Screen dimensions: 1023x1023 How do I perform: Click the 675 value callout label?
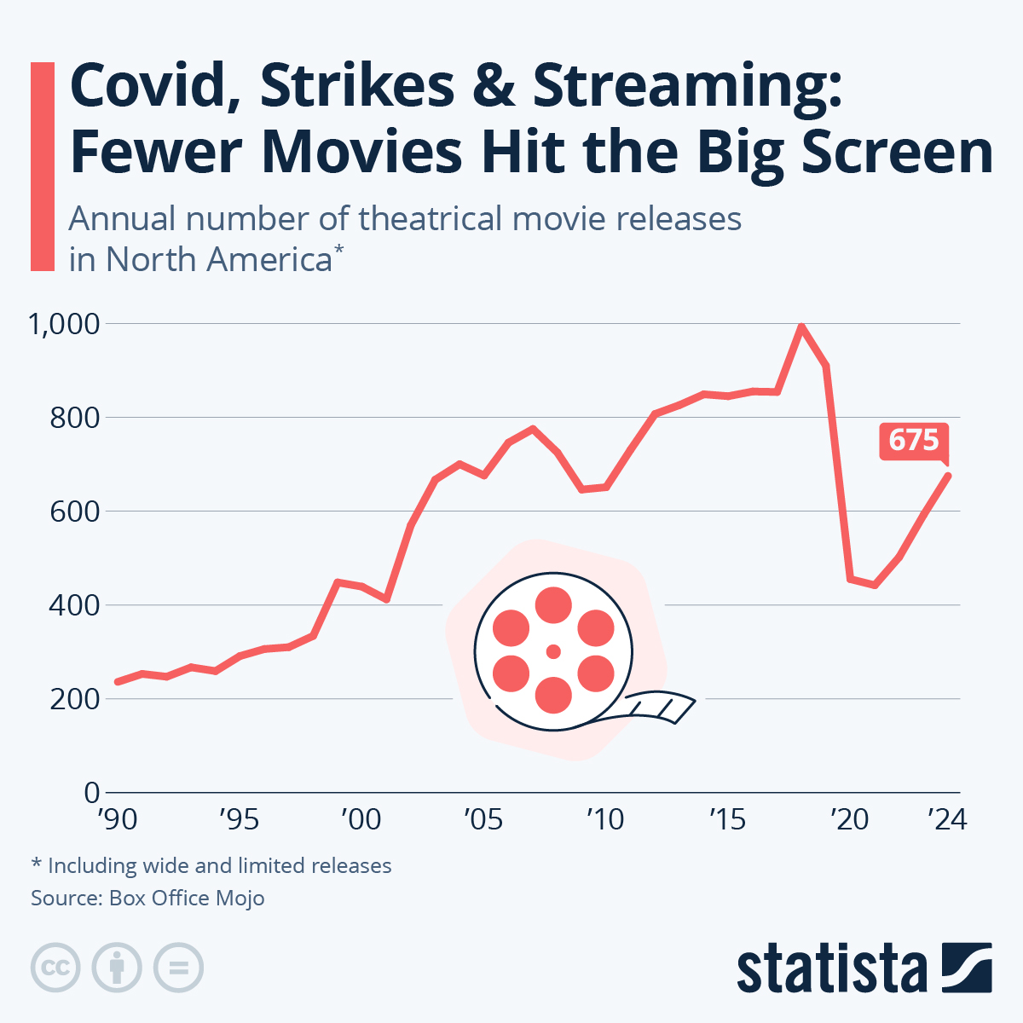pyautogui.click(x=913, y=440)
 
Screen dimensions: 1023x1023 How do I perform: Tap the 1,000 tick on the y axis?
pyautogui.click(x=64, y=324)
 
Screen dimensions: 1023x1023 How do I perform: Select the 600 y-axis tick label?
pyautogui.click(x=75, y=511)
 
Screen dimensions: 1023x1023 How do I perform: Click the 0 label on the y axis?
pyautogui.click(x=91, y=793)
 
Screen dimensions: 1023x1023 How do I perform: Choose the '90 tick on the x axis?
pyautogui.click(x=117, y=819)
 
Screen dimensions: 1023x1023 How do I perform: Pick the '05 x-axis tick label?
pyautogui.click(x=483, y=819)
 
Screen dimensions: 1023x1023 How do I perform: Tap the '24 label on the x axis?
pyautogui.click(x=947, y=819)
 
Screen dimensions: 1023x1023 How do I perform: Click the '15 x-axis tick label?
pyautogui.click(x=727, y=819)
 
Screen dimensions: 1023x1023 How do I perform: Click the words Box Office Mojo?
pyautogui.click(x=187, y=898)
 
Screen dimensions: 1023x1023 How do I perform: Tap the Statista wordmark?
pyautogui.click(x=831, y=969)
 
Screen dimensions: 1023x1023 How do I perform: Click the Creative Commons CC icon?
pyautogui.click(x=55, y=968)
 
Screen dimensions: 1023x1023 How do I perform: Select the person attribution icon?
pyautogui.click(x=117, y=968)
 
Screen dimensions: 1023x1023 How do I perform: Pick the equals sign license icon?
pyautogui.click(x=178, y=968)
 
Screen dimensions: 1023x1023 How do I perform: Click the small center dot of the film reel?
pyautogui.click(x=553, y=651)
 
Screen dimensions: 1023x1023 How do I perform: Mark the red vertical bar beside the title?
pyautogui.click(x=42, y=166)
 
